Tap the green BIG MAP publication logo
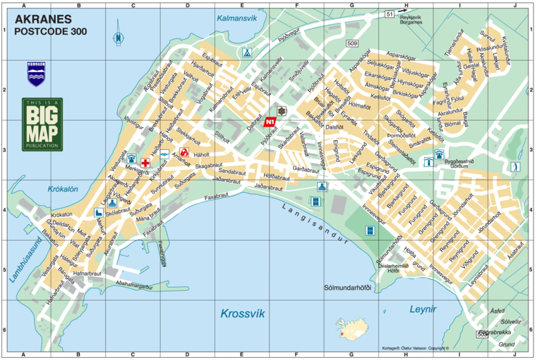tap(42, 124)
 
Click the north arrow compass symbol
tap(117, 39)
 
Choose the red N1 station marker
tap(270, 122)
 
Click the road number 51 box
tap(388, 14)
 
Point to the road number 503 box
tap(483, 334)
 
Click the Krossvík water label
tap(242, 314)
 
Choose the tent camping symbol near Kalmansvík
tap(246, 53)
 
